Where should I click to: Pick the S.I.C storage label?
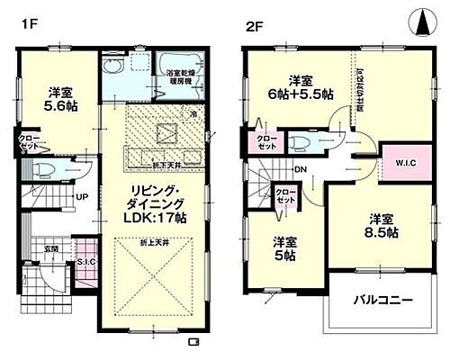86,261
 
